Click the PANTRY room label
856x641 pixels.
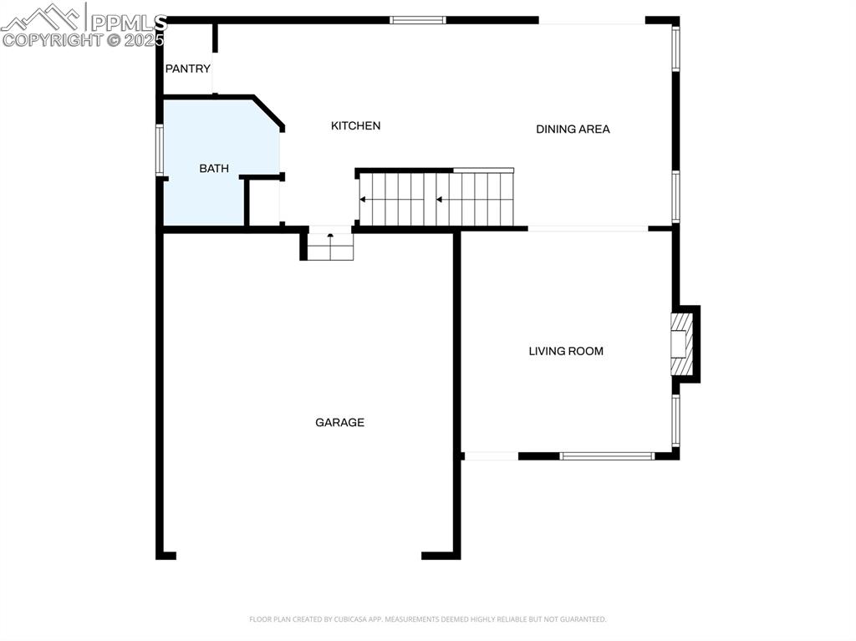point(187,69)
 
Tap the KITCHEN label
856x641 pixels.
point(355,125)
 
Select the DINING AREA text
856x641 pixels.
point(573,129)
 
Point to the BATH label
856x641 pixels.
point(214,168)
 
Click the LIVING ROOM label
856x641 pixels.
point(566,351)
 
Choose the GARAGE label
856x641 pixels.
point(339,422)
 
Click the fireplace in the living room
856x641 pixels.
point(683,344)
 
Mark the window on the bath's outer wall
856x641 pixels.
point(159,150)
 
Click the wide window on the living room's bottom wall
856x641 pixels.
point(607,456)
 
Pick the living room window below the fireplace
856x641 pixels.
point(675,420)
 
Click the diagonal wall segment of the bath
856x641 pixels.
point(268,112)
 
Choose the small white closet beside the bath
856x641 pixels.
point(264,202)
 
